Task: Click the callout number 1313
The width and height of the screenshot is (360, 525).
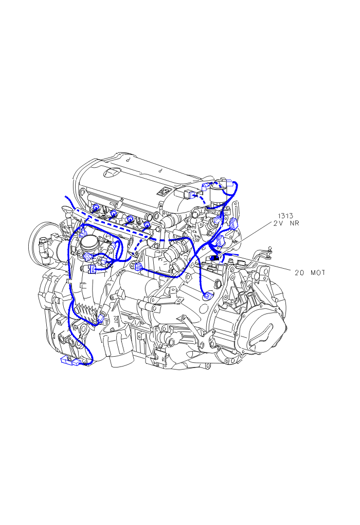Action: coord(285,216)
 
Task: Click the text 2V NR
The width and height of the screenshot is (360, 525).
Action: coord(286,223)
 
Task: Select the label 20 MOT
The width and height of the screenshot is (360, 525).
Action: coord(310,273)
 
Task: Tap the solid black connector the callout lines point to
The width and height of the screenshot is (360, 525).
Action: coord(214,258)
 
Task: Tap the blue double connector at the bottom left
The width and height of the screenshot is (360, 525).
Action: coord(70,361)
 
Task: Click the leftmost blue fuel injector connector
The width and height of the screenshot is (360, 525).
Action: coord(95,207)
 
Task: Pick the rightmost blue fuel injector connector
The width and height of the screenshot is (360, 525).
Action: coord(147,224)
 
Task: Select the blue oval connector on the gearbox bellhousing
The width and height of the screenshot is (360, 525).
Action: coord(208,295)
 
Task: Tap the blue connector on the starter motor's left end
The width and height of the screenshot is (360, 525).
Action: coord(137,267)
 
